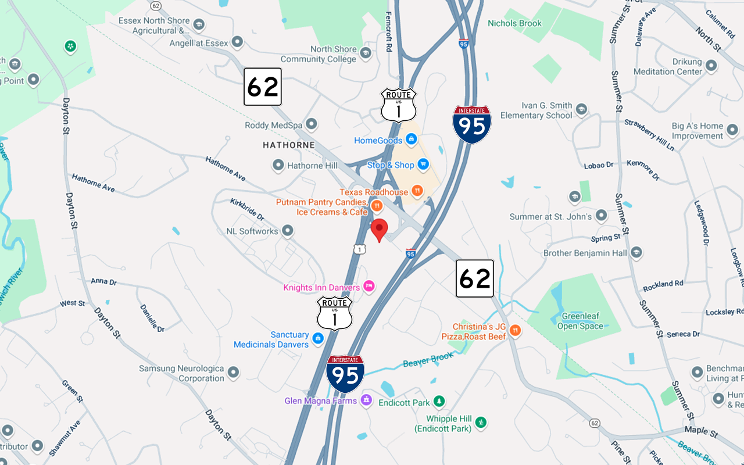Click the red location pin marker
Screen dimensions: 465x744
click(379, 228)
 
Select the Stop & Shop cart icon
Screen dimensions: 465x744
click(423, 165)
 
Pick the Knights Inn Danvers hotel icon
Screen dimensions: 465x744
click(369, 286)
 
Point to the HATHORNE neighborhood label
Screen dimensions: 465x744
click(288, 145)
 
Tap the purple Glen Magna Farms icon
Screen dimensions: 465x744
click(366, 400)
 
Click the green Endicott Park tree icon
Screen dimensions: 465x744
click(439, 402)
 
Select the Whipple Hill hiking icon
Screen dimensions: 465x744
click(481, 422)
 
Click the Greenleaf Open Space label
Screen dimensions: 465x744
click(580, 321)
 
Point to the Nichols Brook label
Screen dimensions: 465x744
click(514, 23)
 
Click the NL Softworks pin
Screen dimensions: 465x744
click(287, 231)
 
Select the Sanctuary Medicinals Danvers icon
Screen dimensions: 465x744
click(318, 338)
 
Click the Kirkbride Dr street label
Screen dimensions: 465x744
click(246, 209)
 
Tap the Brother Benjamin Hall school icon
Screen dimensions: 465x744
click(636, 252)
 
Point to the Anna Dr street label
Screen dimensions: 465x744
click(103, 281)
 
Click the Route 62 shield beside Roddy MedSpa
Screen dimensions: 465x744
click(263, 87)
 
